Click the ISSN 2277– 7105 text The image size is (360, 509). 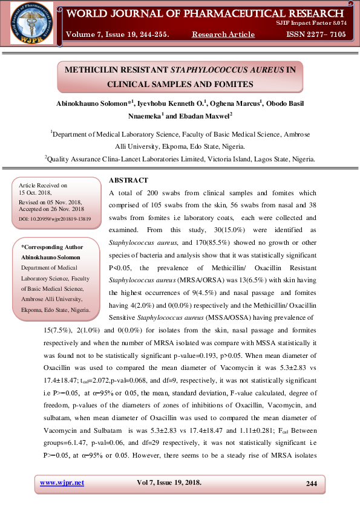point(316,34)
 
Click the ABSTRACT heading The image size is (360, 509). point(129,180)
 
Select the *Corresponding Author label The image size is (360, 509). point(52,247)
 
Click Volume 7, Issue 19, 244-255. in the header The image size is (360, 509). point(117,34)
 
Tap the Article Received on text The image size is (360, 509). point(43,185)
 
